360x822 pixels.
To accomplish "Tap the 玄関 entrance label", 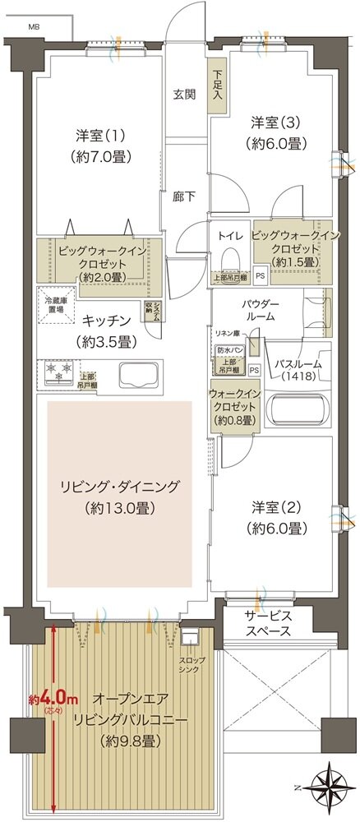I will tap(184, 94).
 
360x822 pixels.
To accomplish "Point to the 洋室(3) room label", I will tap(279, 131).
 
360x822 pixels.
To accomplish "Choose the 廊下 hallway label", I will tap(183, 197).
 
